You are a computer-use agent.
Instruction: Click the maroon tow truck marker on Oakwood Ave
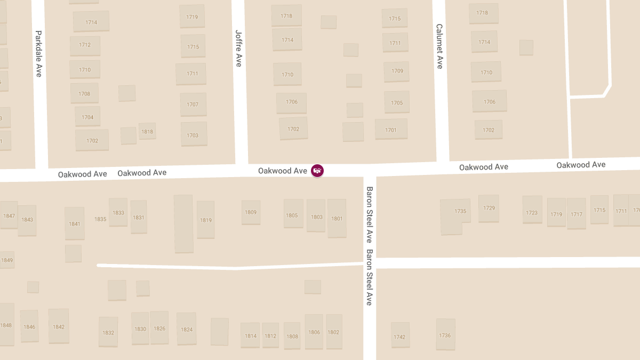[x=317, y=171]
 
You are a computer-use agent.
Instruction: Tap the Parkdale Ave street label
[x=38, y=53]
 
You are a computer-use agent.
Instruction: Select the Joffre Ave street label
[x=238, y=48]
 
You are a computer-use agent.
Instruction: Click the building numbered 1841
[x=75, y=223]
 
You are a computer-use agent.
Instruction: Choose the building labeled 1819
[x=206, y=220]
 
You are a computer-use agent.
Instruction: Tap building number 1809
[x=251, y=212]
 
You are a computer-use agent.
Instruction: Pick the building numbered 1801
[x=337, y=218]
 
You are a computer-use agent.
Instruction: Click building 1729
[x=489, y=208]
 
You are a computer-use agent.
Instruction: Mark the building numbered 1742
[x=399, y=337]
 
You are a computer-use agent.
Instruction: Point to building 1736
[x=445, y=335]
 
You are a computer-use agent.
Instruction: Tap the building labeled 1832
[x=108, y=332]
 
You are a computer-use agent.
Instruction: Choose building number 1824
[x=187, y=329]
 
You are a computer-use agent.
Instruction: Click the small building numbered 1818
[x=147, y=131]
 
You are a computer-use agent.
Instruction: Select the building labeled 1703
[x=193, y=135]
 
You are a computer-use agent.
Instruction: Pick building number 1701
[x=391, y=130]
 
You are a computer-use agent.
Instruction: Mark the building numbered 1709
[x=397, y=71]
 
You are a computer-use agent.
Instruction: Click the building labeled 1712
[x=85, y=45]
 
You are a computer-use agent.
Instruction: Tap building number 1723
[x=532, y=213]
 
